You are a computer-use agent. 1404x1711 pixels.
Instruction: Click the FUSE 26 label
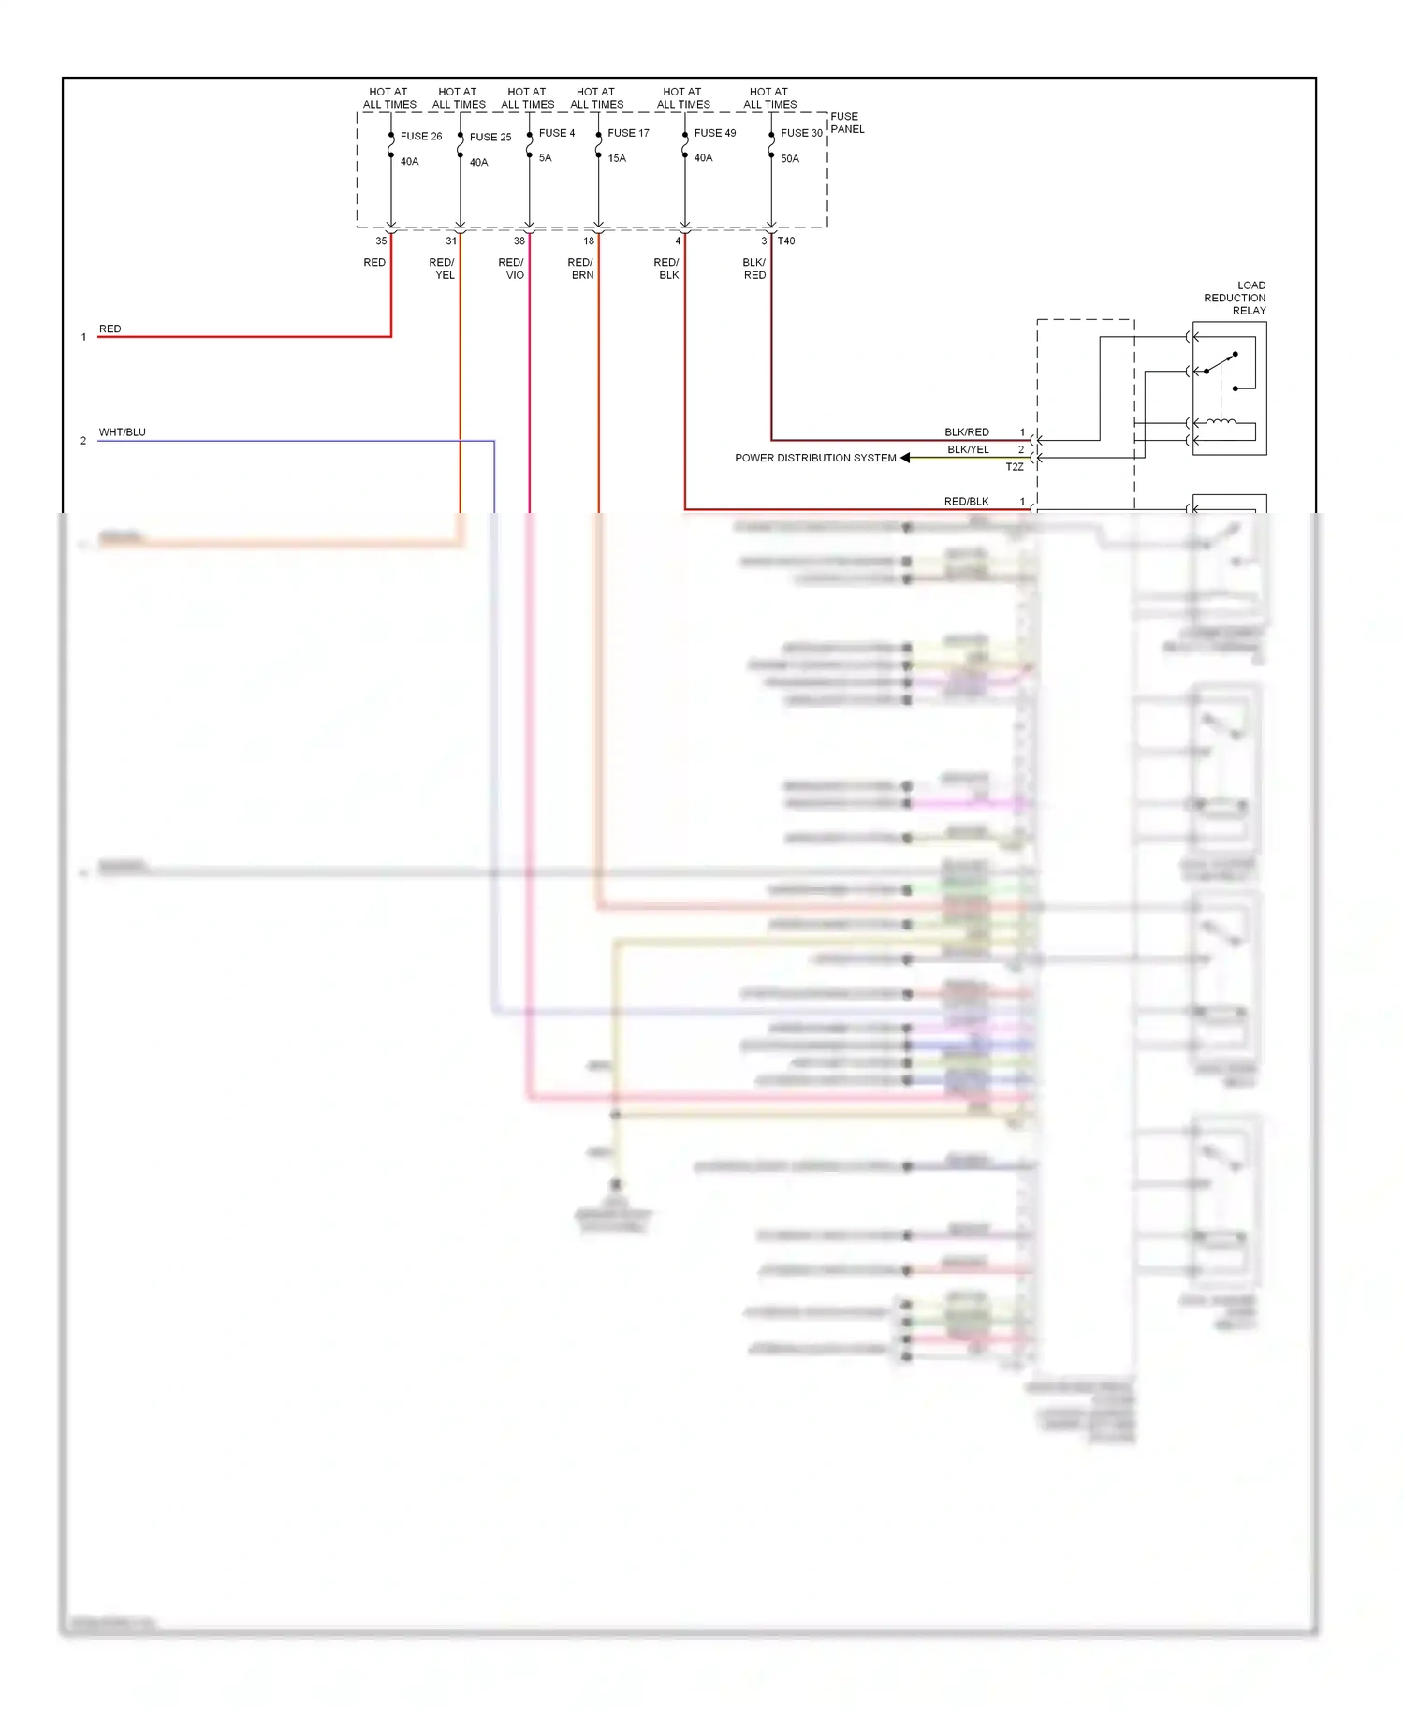(x=420, y=137)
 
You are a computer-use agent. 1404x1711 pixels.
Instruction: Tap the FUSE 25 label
(x=490, y=138)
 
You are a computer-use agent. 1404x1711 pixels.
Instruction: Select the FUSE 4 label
(x=557, y=133)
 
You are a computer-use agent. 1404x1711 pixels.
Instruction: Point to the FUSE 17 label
(x=628, y=133)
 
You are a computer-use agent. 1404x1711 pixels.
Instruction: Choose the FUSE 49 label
(x=715, y=133)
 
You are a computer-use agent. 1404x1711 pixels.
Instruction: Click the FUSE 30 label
(x=801, y=133)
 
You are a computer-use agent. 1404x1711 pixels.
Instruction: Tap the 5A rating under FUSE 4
(x=545, y=158)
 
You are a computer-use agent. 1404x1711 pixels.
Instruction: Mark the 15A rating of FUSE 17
(x=617, y=158)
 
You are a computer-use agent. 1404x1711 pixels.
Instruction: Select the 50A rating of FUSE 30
(x=790, y=159)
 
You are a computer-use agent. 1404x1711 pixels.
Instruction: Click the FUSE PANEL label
(x=847, y=123)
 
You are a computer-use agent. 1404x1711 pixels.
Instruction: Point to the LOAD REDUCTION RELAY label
(x=1235, y=298)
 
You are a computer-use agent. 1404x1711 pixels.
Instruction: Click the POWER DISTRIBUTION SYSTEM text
(x=815, y=459)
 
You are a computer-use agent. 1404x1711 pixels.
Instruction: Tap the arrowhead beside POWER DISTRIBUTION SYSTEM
(x=905, y=458)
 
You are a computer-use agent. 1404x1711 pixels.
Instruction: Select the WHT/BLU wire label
(x=123, y=432)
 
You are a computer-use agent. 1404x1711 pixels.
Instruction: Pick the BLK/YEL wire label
(x=968, y=450)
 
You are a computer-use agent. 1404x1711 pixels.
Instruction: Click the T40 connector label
(x=786, y=241)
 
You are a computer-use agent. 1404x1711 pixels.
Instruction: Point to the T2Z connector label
(x=1015, y=467)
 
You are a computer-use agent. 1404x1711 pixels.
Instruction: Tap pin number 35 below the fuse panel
(x=381, y=241)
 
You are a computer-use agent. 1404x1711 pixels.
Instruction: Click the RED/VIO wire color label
(x=511, y=269)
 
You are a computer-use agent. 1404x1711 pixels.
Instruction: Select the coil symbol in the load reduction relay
(x=1220, y=423)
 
